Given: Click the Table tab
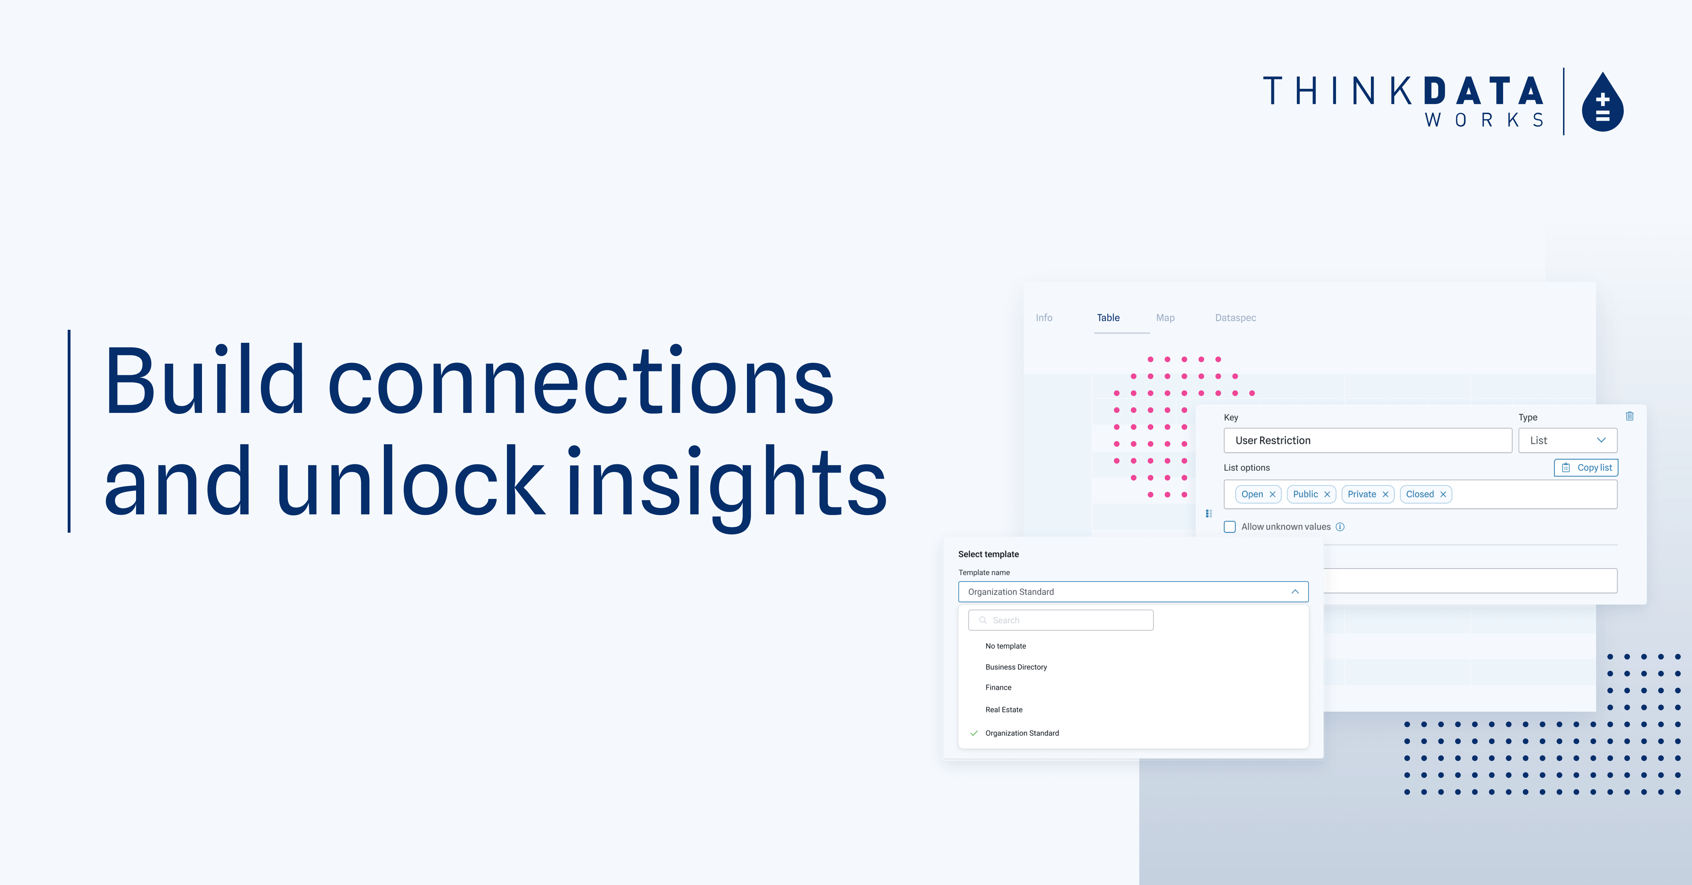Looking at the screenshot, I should (x=1108, y=318).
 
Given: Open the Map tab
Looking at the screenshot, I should (x=1165, y=318).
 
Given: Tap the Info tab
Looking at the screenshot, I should (x=1044, y=318).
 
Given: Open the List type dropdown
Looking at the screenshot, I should (x=1567, y=440).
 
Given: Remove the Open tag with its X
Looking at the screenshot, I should (x=1272, y=494).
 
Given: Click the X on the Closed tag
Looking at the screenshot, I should (x=1443, y=494).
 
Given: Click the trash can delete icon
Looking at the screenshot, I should (x=1630, y=416).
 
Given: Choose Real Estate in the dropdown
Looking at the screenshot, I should (x=1004, y=710).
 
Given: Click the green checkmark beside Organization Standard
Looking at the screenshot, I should (x=974, y=734).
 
